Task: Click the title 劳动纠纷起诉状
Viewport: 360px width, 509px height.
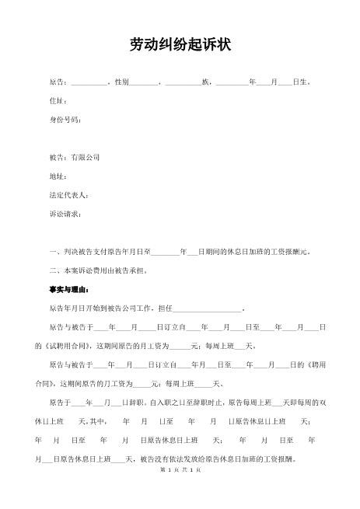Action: click(x=180, y=45)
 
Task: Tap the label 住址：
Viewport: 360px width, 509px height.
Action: click(x=58, y=101)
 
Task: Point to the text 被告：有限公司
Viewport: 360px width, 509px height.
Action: click(x=74, y=157)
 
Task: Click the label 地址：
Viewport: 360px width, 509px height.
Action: click(x=58, y=176)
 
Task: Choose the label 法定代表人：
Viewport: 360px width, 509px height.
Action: click(x=68, y=194)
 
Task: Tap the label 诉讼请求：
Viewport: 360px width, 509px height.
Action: click(x=65, y=213)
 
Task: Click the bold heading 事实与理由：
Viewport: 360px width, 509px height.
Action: click(x=68, y=289)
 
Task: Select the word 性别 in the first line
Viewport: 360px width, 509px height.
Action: click(x=122, y=82)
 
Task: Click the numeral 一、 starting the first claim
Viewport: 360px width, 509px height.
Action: click(x=54, y=252)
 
